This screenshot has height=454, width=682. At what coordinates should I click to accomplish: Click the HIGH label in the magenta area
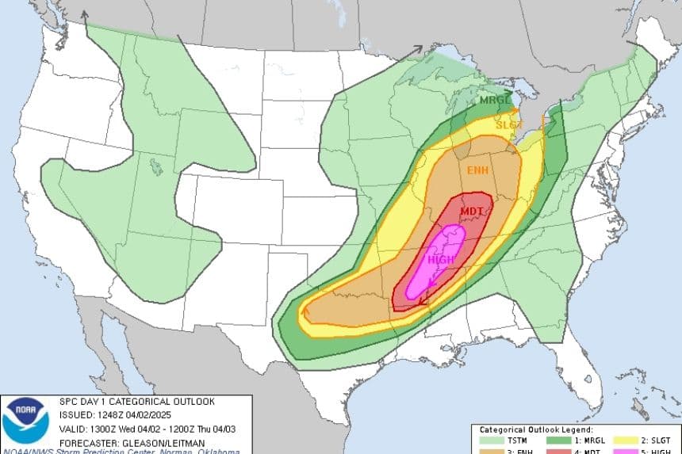(x=441, y=260)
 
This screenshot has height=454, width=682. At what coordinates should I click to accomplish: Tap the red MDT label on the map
(x=472, y=211)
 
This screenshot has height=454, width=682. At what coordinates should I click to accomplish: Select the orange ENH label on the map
(x=477, y=170)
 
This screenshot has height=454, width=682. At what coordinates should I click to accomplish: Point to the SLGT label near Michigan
(x=506, y=124)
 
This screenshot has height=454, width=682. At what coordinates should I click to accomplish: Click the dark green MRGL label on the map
(x=494, y=101)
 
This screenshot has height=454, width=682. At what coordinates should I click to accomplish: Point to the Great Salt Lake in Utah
(x=155, y=166)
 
